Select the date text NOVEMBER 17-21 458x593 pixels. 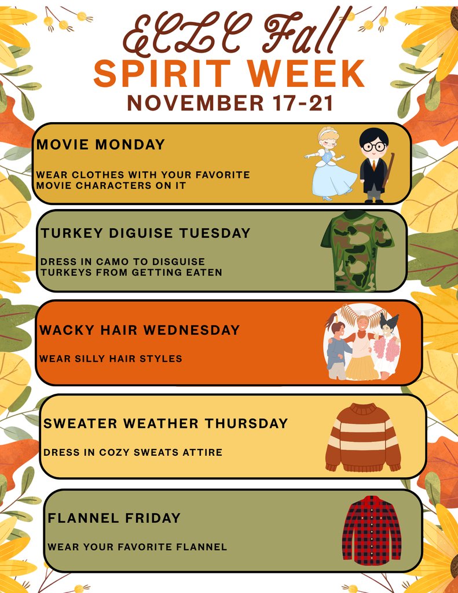tap(230, 103)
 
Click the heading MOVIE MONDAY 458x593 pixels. tap(101, 145)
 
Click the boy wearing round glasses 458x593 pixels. tap(373, 164)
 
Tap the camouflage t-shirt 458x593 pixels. tap(357, 251)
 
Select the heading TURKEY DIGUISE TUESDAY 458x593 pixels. tap(145, 233)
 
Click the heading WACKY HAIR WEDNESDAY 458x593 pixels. tap(140, 330)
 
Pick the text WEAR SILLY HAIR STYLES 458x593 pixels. tap(111, 359)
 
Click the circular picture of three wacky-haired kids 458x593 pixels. tap(362, 342)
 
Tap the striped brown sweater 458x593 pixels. tap(363, 437)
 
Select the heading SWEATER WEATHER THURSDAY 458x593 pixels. tap(166, 423)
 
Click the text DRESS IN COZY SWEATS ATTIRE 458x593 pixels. tap(133, 452)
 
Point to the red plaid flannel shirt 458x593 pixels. tap(371, 530)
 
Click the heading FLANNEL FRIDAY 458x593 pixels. tap(114, 518)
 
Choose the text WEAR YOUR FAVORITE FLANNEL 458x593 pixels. tap(137, 547)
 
